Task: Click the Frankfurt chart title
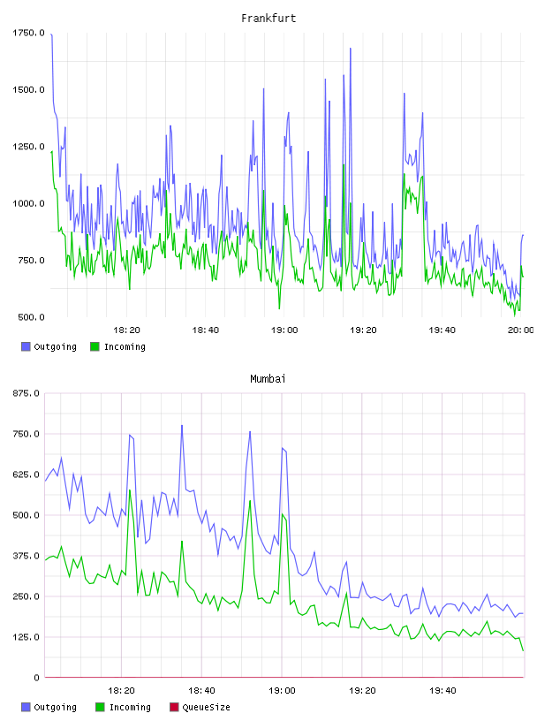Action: point(268,19)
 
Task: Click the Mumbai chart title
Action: point(268,379)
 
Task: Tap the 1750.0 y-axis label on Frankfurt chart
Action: point(28,33)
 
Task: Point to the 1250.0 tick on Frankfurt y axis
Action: point(28,147)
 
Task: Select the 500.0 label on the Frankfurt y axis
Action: point(31,317)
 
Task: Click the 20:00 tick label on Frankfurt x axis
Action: point(520,330)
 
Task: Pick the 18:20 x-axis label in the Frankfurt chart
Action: point(126,330)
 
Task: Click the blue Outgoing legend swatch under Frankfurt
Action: point(26,346)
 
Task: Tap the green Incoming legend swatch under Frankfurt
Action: point(95,346)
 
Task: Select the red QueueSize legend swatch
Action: point(174,707)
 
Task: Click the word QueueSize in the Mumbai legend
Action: point(206,707)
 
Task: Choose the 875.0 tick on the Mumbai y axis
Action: point(26,393)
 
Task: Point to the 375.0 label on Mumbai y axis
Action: point(26,556)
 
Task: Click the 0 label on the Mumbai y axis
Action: point(37,678)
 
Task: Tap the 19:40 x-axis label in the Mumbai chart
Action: point(442,691)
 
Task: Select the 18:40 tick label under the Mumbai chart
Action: point(201,691)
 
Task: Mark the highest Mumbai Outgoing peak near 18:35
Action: point(182,425)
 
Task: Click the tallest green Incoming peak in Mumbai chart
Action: point(130,490)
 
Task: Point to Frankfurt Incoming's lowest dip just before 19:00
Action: point(279,308)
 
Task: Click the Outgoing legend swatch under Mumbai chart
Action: point(26,707)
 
